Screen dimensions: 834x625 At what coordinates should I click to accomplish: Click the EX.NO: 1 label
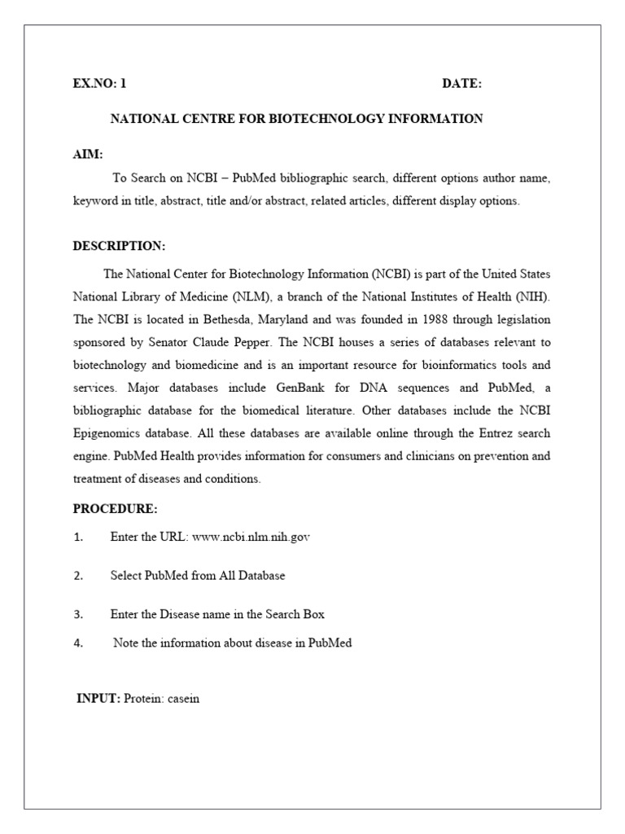point(100,83)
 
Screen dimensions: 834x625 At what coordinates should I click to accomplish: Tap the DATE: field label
point(461,83)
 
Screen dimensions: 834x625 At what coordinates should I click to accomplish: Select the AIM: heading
point(88,155)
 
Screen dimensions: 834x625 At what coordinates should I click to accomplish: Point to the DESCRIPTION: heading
point(119,246)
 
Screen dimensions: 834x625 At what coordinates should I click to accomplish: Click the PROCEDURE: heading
point(115,509)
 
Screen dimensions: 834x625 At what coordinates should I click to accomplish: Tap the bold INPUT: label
point(98,699)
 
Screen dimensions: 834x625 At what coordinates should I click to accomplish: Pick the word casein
point(182,699)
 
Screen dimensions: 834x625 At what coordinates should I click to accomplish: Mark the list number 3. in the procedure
point(78,614)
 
